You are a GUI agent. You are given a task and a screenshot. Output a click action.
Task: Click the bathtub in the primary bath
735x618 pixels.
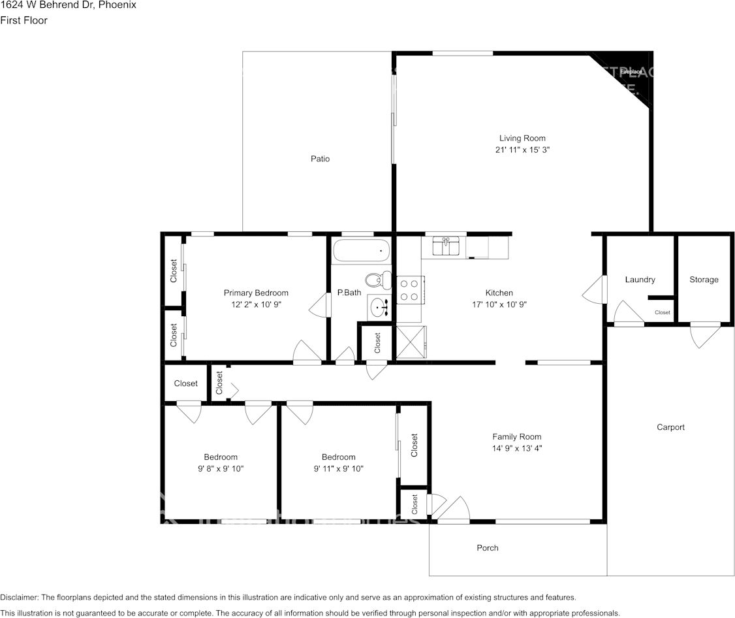click(x=361, y=251)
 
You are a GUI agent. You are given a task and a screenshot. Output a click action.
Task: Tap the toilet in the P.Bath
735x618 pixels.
click(x=375, y=280)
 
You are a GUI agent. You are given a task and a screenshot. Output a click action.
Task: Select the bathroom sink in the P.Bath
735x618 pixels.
click(x=378, y=306)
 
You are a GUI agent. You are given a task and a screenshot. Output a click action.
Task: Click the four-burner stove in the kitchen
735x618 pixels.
click(x=410, y=290)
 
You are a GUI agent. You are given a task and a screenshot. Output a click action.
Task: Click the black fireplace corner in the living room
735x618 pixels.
click(x=631, y=73)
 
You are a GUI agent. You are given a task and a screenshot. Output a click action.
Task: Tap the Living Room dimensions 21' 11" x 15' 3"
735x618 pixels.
click(x=522, y=150)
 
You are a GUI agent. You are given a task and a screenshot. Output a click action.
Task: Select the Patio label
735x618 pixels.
click(x=320, y=159)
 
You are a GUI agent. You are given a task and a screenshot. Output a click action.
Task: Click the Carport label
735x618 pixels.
click(x=670, y=427)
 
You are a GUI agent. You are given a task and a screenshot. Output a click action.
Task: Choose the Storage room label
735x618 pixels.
click(x=704, y=280)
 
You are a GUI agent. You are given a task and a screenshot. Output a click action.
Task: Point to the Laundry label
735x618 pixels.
click(x=640, y=280)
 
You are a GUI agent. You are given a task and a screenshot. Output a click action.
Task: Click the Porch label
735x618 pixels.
click(x=488, y=547)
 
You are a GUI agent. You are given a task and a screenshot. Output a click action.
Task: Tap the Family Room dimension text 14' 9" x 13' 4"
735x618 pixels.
click(x=516, y=448)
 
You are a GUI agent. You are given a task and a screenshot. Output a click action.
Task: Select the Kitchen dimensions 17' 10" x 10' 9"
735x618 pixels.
click(x=499, y=304)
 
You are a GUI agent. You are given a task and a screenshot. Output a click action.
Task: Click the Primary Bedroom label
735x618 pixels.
click(x=256, y=293)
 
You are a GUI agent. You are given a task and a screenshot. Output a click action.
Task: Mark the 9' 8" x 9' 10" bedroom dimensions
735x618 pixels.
click(x=221, y=468)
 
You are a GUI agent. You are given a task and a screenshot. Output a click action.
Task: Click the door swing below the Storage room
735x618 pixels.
click(x=705, y=336)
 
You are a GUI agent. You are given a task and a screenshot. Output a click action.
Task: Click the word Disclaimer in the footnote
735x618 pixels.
click(x=19, y=597)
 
